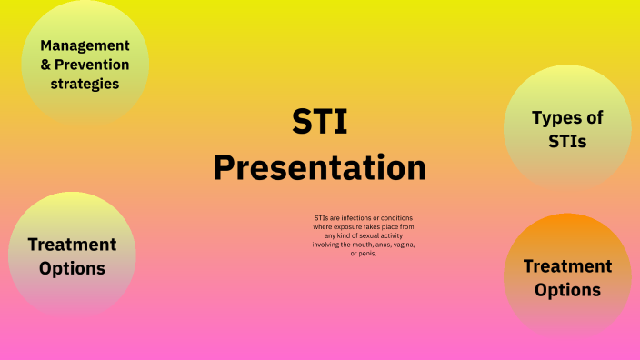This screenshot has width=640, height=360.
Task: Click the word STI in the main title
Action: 319,122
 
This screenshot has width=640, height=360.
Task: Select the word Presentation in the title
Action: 319,168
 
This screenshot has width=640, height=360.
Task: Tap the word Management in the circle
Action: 85,45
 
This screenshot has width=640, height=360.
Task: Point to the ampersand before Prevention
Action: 47,65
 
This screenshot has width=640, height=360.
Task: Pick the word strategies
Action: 85,84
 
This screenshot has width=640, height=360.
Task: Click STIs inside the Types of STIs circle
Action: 568,141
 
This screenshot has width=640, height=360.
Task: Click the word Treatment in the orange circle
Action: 567,266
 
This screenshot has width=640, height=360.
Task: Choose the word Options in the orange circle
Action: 567,290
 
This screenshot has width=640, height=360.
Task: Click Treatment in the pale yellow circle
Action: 72,244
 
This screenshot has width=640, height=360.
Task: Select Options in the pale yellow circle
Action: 72,268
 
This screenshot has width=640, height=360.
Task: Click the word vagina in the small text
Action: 405,245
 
